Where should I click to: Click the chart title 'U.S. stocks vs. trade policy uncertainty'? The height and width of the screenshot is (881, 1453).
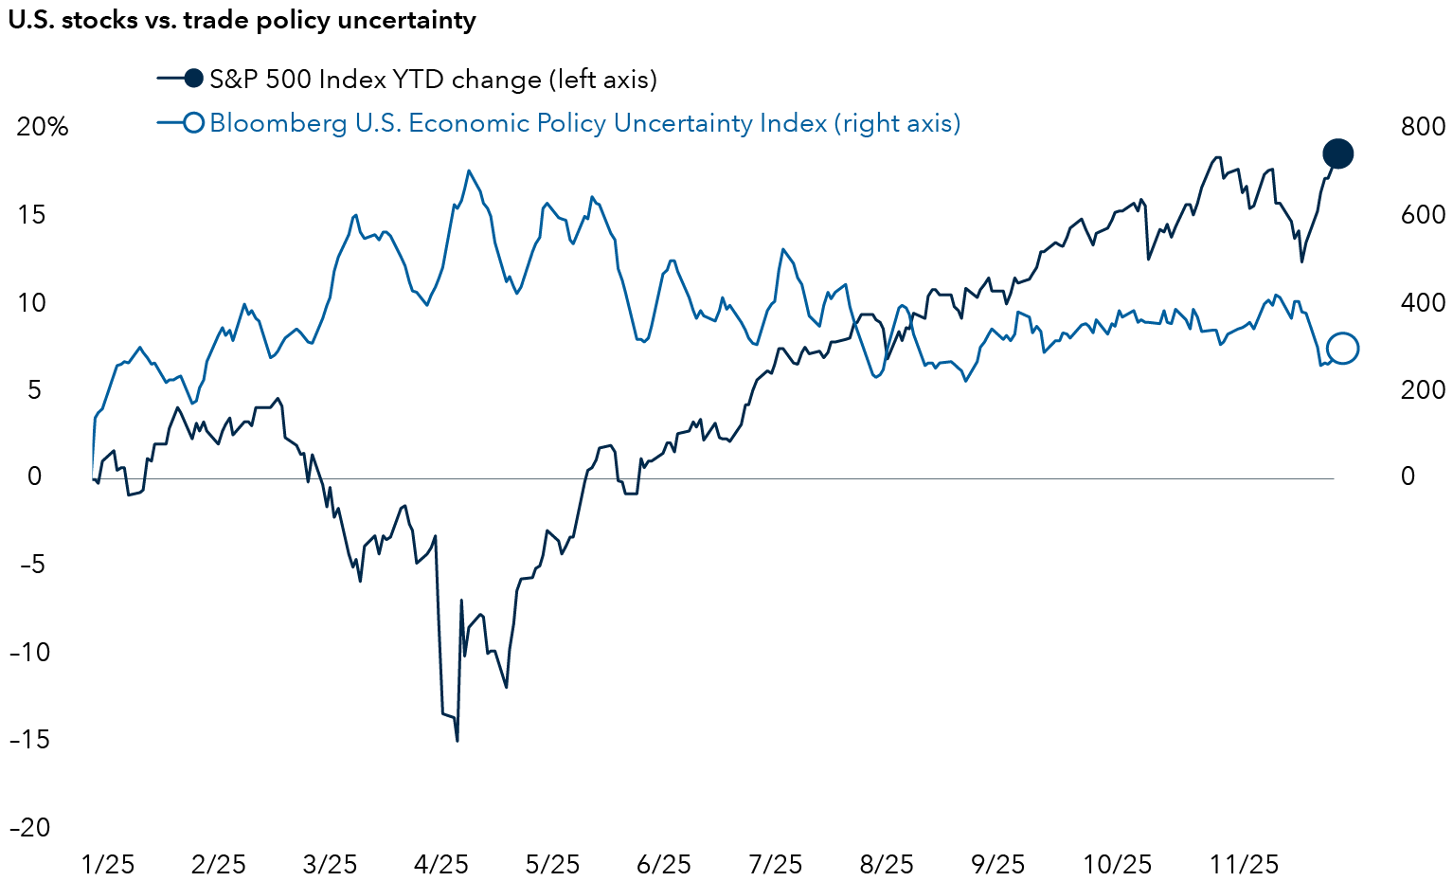(242, 21)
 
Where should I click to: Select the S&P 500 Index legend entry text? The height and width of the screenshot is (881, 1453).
(433, 80)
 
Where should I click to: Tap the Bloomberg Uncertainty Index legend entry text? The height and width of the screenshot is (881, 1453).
(584, 123)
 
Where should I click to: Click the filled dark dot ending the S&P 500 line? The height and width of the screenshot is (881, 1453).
(1337, 153)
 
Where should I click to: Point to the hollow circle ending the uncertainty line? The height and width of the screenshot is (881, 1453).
(1343, 349)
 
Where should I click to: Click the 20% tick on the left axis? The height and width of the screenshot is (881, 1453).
(43, 127)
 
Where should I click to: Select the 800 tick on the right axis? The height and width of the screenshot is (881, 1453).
(1424, 127)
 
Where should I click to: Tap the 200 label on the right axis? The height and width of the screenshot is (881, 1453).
(1424, 389)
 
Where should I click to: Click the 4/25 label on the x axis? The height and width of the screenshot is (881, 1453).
(441, 864)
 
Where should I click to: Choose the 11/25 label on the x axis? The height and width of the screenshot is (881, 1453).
(1244, 864)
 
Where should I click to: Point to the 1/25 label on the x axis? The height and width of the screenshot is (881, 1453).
(108, 864)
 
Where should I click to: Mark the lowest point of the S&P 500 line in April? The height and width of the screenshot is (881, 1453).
(457, 741)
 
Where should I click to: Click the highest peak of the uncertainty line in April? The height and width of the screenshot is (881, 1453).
(469, 171)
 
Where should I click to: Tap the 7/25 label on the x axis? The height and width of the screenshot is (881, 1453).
(776, 864)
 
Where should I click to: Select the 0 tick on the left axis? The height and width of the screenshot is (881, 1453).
(35, 476)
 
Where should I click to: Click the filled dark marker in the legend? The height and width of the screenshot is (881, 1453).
(193, 80)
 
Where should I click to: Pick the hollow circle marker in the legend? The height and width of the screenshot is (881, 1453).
(193, 123)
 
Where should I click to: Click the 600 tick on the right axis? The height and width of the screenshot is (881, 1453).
(1424, 215)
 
